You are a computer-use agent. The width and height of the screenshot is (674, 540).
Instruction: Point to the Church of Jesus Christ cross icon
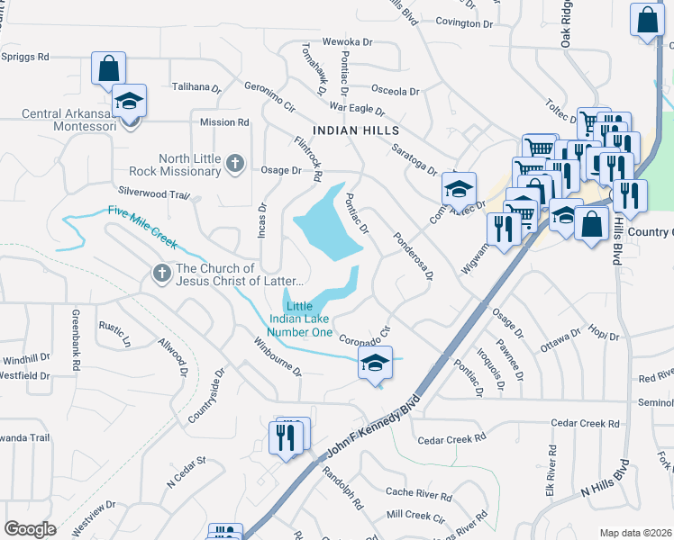pyautogui.click(x=162, y=274)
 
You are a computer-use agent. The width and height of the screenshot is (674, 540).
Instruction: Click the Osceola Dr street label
pyautogui.click(x=396, y=91)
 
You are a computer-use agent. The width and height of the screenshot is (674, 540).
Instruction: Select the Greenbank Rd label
pyautogui.click(x=77, y=340)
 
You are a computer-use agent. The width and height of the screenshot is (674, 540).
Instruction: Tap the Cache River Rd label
pyautogui.click(x=418, y=494)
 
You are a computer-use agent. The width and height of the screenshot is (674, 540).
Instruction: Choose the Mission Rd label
pyautogui.click(x=224, y=122)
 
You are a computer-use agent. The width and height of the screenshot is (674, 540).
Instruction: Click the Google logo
pyautogui.click(x=30, y=529)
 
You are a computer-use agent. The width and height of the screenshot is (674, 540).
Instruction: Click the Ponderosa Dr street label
pyautogui.click(x=413, y=256)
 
